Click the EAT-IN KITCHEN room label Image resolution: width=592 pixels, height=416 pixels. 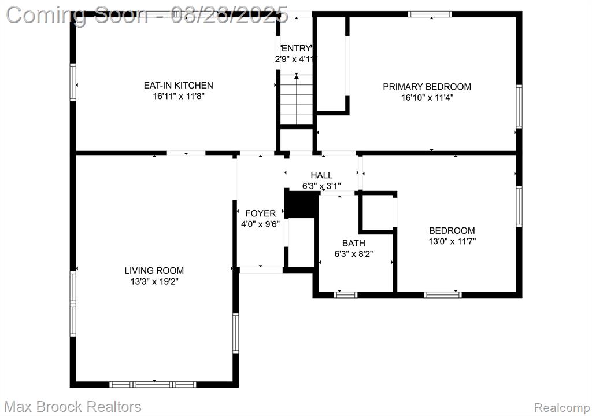coord(178,86)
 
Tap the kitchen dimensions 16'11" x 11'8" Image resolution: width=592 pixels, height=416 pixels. coord(179,96)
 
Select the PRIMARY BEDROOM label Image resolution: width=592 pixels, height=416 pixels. coord(427,87)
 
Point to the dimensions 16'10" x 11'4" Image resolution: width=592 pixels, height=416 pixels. coord(427,97)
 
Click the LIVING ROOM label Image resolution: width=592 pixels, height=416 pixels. coord(154,271)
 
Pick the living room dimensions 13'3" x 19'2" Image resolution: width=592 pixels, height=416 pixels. coord(154,282)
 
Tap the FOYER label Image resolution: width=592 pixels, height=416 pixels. coord(261,213)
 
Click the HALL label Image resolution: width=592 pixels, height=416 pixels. coord(321,175)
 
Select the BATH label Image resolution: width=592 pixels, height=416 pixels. coord(354,243)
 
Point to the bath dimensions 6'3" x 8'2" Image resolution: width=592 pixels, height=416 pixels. coord(354,254)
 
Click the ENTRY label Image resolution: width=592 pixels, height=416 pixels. coord(297,49)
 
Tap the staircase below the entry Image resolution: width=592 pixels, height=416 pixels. coord(297,100)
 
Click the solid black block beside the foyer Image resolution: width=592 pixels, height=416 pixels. coord(301,204)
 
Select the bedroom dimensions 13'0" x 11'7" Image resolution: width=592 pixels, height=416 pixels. coord(452,241)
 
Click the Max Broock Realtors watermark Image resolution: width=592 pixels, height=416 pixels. coord(73,407)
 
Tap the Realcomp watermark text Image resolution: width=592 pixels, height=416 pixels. coord(562,408)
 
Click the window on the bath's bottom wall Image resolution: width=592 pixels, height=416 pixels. coord(346,294)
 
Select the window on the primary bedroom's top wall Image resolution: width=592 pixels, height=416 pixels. coord(430,14)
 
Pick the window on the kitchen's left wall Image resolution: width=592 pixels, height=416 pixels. coord(73,82)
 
